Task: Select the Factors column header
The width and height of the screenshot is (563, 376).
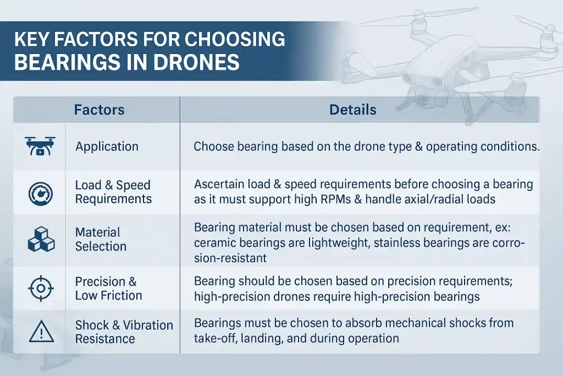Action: coord(99,110)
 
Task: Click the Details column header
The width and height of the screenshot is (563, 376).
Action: coord(352,110)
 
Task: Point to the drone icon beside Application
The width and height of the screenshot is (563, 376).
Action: coord(40,146)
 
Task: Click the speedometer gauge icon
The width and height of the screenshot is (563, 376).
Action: coord(41,194)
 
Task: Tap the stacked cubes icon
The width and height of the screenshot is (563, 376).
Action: coord(41,239)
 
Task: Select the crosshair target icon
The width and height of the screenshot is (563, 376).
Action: coord(41,288)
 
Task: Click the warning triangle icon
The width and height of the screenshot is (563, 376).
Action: coord(41,331)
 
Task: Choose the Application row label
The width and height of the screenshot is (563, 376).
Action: coord(107,146)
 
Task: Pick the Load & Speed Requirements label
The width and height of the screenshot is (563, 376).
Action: coord(113,192)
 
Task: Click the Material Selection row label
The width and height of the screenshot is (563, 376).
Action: coord(101,239)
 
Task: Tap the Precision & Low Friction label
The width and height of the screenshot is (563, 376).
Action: coord(108,288)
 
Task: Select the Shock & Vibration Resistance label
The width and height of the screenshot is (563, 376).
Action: coord(124,332)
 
